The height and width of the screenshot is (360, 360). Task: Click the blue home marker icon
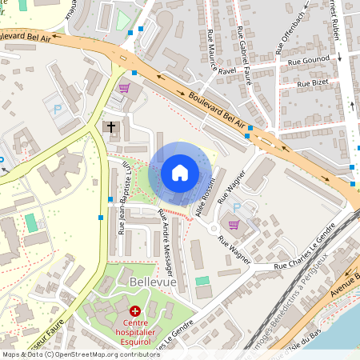(x=180, y=173)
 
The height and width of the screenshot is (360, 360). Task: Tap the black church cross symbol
(x=112, y=126)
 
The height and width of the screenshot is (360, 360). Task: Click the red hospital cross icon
(x=134, y=310)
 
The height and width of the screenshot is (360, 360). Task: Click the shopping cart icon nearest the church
(x=123, y=88)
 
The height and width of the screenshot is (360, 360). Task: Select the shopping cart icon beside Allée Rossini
(x=234, y=224)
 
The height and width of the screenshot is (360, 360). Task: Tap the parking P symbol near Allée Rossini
(x=237, y=206)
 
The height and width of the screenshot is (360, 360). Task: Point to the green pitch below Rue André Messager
(x=202, y=280)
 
